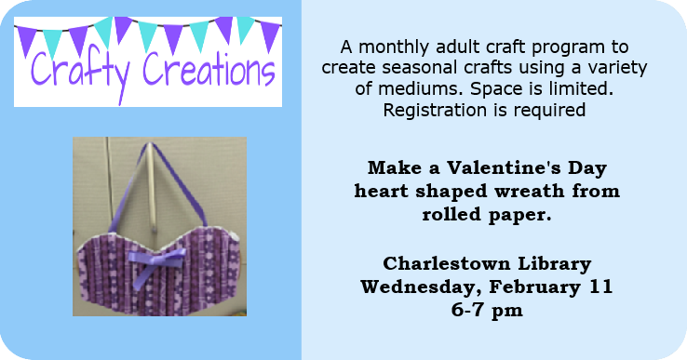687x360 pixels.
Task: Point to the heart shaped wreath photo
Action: point(159,227)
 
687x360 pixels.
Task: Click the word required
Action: point(548,112)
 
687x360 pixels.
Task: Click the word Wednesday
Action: point(421,287)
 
